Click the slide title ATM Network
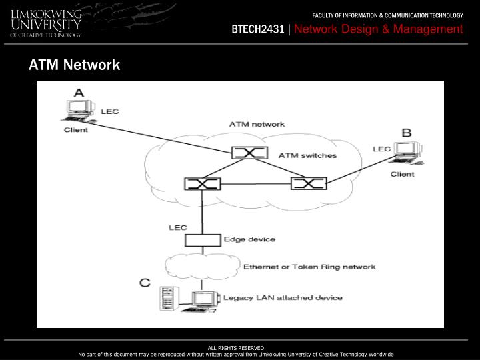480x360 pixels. point(74,65)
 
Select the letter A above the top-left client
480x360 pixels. point(79,93)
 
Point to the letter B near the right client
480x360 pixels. point(405,132)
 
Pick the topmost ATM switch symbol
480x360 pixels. point(249,153)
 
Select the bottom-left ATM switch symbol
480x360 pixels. point(202,183)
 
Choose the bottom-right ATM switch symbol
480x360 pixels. point(309,183)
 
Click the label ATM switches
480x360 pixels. point(307,156)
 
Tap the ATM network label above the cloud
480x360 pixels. point(257,124)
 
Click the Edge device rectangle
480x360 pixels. point(202,240)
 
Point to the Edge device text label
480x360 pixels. point(249,239)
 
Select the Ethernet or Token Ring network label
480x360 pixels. point(309,267)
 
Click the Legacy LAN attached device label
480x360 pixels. point(283,297)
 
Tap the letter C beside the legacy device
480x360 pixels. point(145,283)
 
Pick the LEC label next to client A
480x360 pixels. point(109,111)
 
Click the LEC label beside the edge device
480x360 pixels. point(177,227)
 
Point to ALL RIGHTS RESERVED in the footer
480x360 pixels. point(236,348)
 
